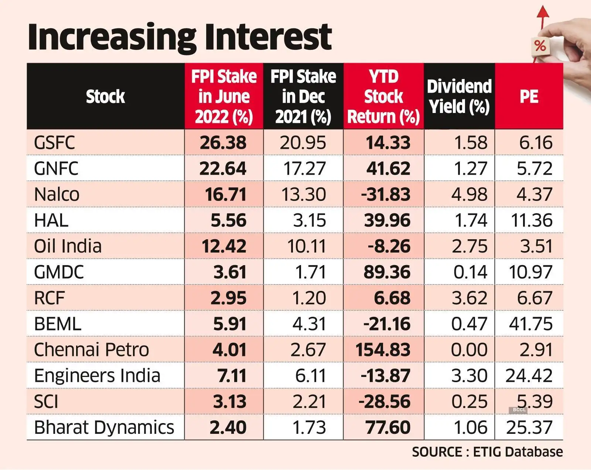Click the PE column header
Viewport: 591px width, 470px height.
pos(529,97)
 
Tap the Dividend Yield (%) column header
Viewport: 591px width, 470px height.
pos(459,97)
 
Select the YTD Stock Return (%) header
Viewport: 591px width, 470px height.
pos(383,97)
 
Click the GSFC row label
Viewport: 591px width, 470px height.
pos(54,143)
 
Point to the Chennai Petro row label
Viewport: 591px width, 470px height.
pos(91,350)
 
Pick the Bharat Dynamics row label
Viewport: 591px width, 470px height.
pos(104,428)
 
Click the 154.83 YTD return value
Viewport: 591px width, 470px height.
pos(383,350)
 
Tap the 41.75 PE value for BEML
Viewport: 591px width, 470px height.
pos(530,324)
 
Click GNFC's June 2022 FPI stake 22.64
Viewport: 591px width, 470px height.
pos(223,169)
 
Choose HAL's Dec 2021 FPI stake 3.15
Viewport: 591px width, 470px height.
pos(309,220)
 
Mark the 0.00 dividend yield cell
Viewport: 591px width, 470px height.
pos(469,350)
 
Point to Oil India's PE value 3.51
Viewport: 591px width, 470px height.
pos(536,246)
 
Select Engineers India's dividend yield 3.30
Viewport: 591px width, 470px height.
pos(469,375)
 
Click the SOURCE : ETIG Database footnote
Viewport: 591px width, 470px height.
pos(487,452)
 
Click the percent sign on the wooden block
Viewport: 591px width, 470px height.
pos(540,46)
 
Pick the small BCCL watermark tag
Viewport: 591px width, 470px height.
pos(519,410)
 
